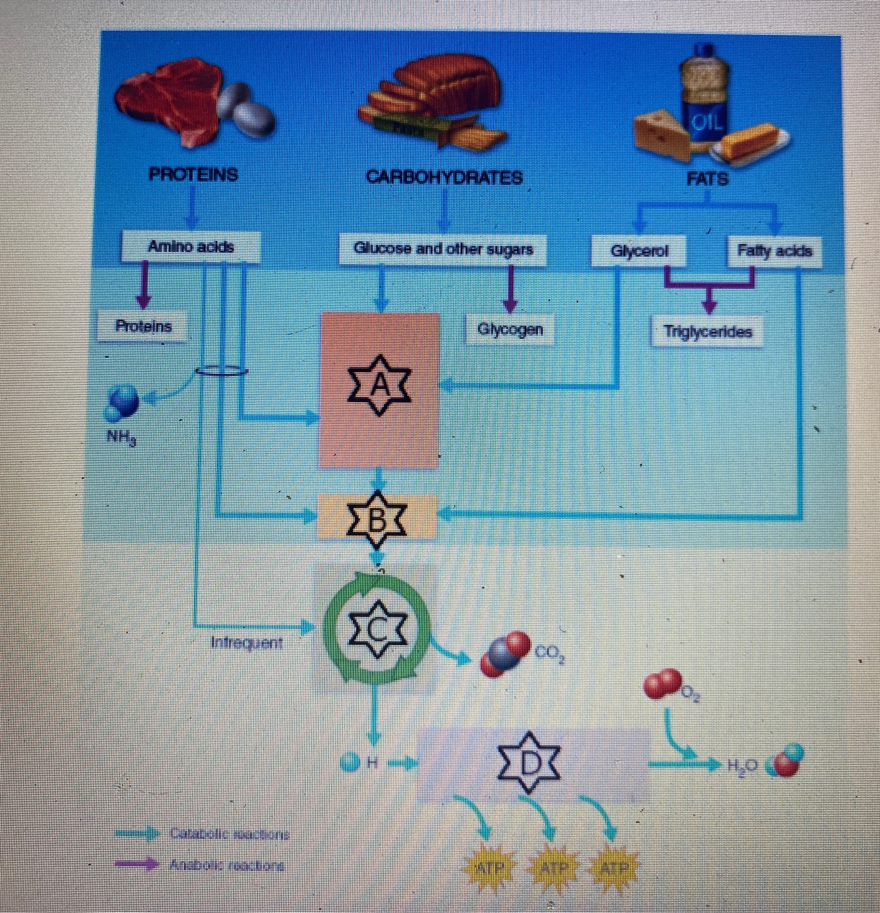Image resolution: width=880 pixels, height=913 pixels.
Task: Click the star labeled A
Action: pyautogui.click(x=380, y=386)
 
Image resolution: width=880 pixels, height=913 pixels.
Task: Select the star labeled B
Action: pyautogui.click(x=377, y=520)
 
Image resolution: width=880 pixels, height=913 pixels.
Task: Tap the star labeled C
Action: pyautogui.click(x=378, y=630)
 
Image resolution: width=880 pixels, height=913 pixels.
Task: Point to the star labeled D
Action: pyautogui.click(x=528, y=762)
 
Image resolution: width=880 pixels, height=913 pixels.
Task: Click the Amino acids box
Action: pyautogui.click(x=191, y=246)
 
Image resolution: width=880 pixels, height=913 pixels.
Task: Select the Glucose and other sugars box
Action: pyautogui.click(x=443, y=250)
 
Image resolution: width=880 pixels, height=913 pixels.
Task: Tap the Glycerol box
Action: pyautogui.click(x=639, y=252)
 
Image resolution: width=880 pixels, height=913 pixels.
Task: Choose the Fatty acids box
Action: pyautogui.click(x=774, y=251)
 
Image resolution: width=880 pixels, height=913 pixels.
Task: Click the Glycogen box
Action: pyautogui.click(x=509, y=329)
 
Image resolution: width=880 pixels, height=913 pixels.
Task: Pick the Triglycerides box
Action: pyautogui.click(x=707, y=331)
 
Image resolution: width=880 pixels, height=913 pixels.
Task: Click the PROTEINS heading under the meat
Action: pyautogui.click(x=193, y=175)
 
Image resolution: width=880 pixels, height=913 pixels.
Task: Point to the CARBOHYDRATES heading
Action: pyautogui.click(x=444, y=178)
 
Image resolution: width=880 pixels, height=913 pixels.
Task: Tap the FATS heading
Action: pyautogui.click(x=707, y=179)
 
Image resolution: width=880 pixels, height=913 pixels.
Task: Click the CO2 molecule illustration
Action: pyautogui.click(x=505, y=654)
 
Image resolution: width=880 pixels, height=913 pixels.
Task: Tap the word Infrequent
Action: pyautogui.click(x=246, y=642)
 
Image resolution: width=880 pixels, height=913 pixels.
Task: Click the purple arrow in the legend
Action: pyautogui.click(x=137, y=864)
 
